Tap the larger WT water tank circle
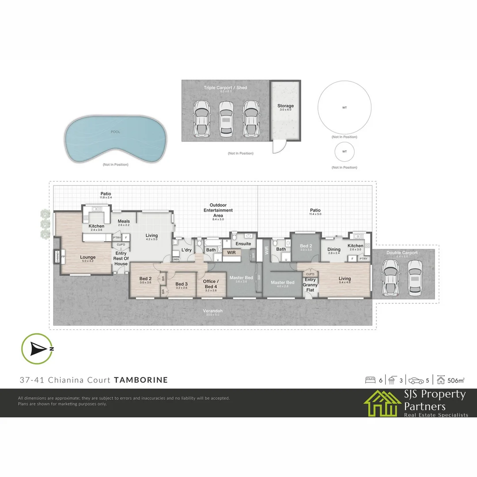point(344,107)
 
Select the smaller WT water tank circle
point(344,151)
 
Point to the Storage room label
point(285,106)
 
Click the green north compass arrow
point(37,349)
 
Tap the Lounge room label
point(88,257)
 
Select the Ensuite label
point(243,244)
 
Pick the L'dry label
point(186,250)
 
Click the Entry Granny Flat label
point(310,284)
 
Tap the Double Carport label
point(401,253)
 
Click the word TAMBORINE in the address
point(141,380)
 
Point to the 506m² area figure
point(456,380)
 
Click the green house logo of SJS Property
point(382,403)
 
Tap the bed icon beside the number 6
point(370,380)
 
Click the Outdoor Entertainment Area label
point(218,210)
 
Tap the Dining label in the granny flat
point(334,250)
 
